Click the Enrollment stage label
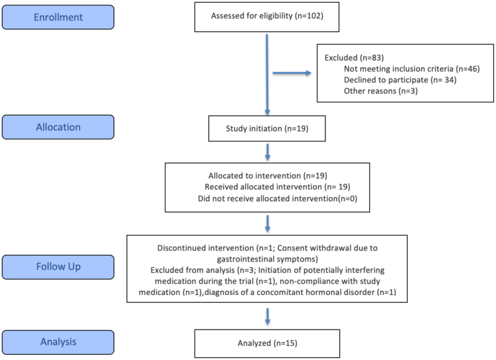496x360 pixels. click(58, 17)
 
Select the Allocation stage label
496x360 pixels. click(58, 127)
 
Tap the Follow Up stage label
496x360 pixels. click(58, 267)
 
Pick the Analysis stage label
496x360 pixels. click(58, 342)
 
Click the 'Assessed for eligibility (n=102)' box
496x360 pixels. click(267, 17)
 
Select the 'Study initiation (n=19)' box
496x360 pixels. click(267, 128)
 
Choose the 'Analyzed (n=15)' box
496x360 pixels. click(268, 343)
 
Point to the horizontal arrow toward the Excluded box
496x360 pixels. click(292, 73)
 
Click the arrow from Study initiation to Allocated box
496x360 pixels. click(268, 152)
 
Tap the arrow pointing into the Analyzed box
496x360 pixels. click(268, 317)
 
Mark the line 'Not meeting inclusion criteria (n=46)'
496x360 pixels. click(412, 69)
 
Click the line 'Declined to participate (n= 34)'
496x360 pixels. click(400, 80)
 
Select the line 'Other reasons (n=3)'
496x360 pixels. click(381, 91)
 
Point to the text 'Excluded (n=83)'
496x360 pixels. click(355, 58)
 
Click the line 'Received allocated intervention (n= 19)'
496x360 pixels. click(278, 187)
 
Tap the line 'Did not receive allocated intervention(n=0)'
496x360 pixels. click(278, 199)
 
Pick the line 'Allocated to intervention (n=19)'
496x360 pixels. click(268, 176)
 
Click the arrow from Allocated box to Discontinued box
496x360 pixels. click(268, 224)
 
